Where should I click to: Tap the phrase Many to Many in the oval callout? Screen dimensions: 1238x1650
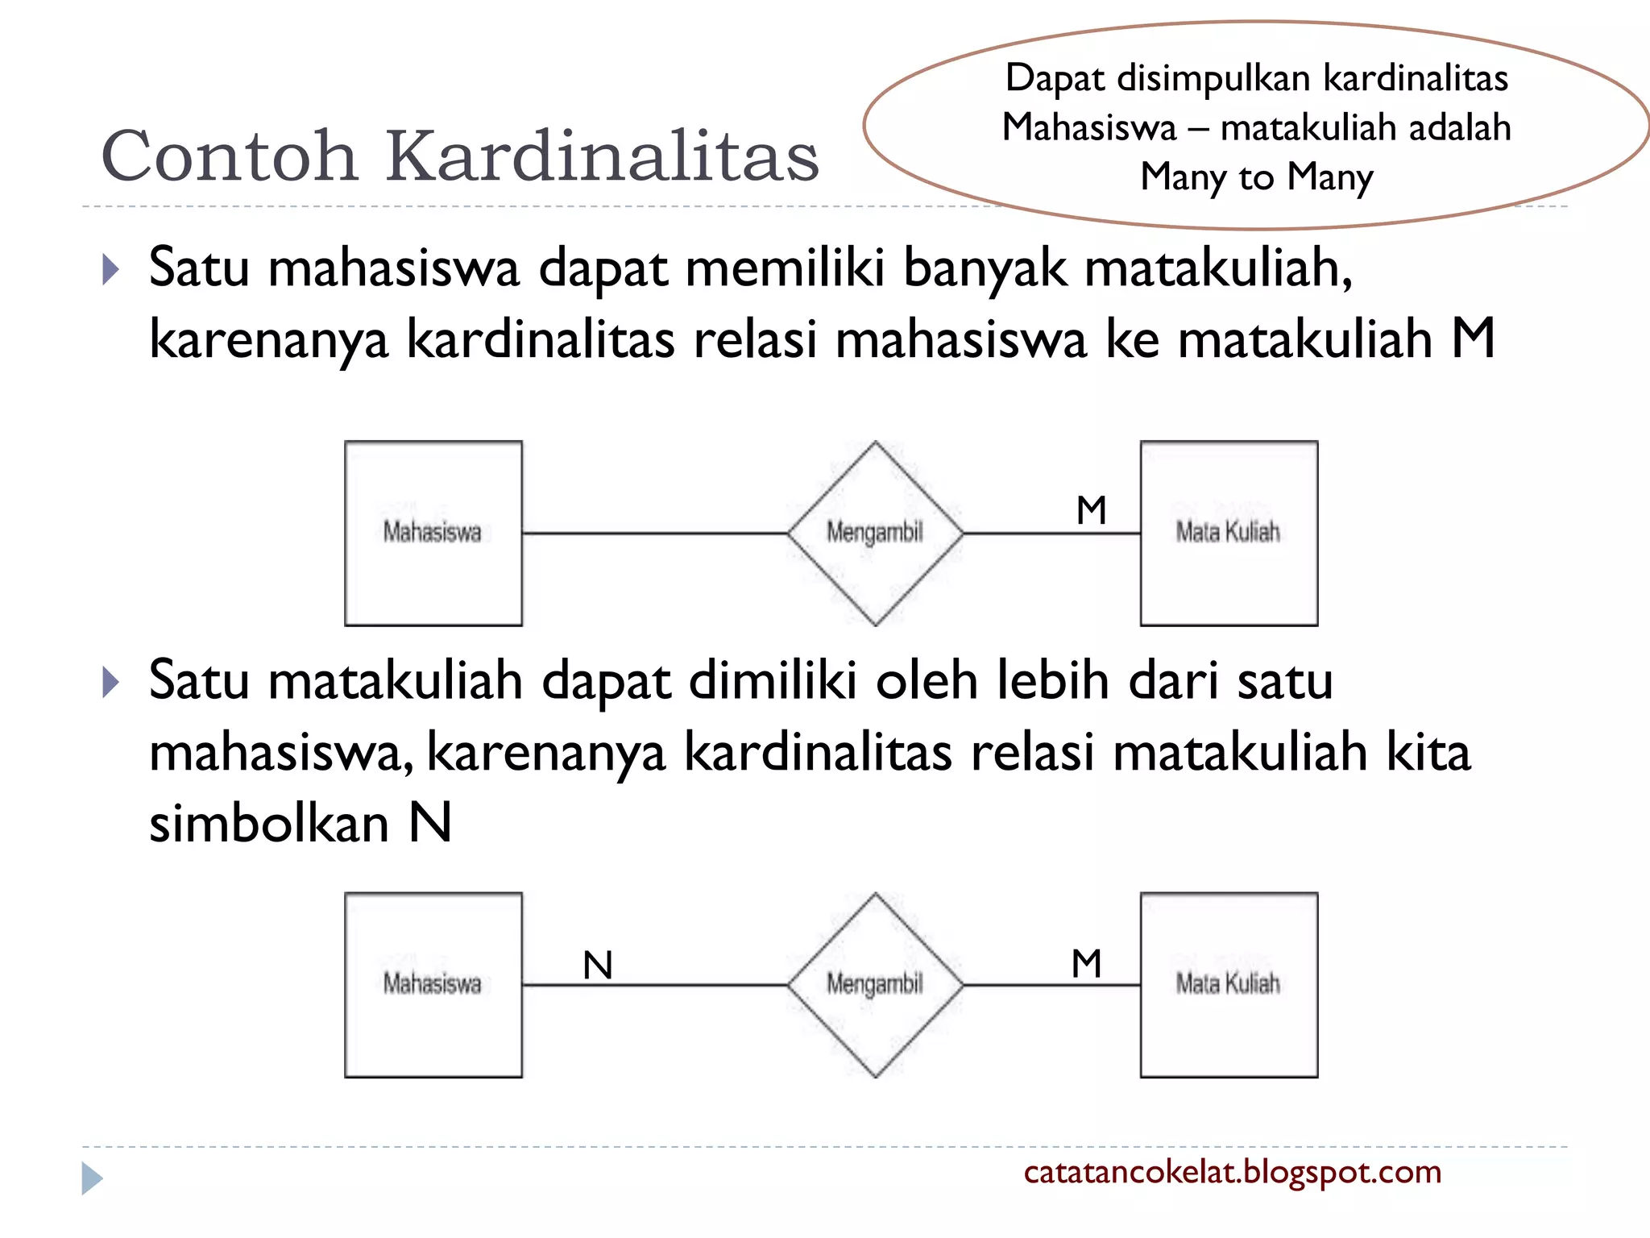(1256, 177)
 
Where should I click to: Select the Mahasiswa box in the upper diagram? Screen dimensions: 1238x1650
(433, 533)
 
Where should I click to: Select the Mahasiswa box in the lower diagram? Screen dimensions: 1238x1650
(433, 984)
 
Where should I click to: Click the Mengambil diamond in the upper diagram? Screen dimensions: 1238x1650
(875, 533)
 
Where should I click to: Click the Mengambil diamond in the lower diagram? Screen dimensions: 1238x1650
(875, 984)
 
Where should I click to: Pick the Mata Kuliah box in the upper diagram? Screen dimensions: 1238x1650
(1229, 533)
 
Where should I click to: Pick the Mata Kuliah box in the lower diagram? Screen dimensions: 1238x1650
(1229, 984)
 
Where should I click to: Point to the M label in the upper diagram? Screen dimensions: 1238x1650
(1092, 510)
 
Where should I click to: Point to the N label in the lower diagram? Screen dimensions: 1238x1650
(598, 965)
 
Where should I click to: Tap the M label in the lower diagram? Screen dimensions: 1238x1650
(1087, 963)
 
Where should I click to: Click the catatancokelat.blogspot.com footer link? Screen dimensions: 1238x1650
(1232, 1172)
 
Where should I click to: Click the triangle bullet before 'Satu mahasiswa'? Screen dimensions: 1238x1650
(111, 270)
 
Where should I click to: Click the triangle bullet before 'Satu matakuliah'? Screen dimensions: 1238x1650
(111, 683)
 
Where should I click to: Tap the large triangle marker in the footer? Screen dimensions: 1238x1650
(92, 1178)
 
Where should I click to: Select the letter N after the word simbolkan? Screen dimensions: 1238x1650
(430, 823)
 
